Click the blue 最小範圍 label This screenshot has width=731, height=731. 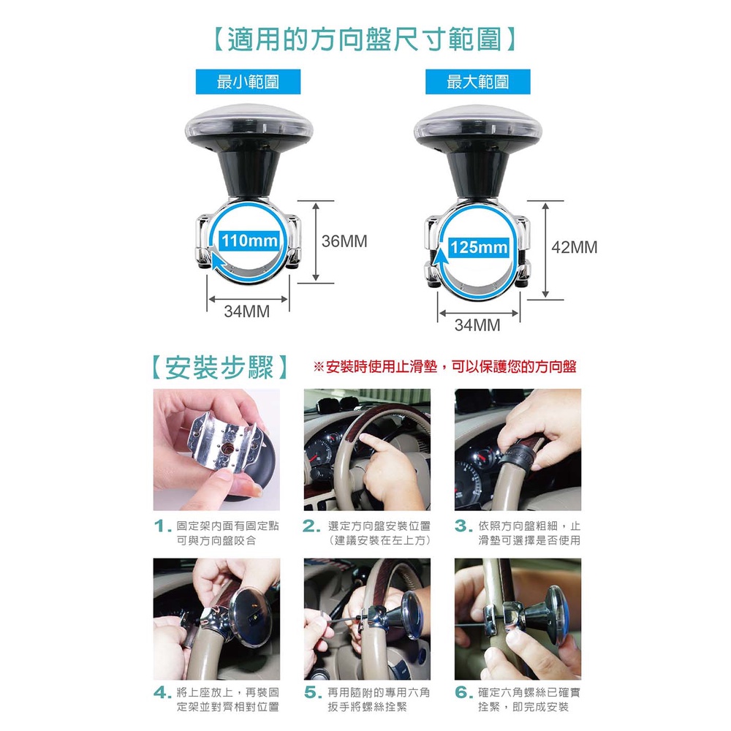pyautogui.click(x=248, y=82)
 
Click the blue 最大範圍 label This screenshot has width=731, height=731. pyautogui.click(x=477, y=82)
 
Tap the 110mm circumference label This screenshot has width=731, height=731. pyautogui.click(x=250, y=240)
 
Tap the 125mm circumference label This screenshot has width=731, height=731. pyautogui.click(x=479, y=246)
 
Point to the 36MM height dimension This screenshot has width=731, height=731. pyautogui.click(x=344, y=241)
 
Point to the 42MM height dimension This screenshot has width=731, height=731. pyautogui.click(x=575, y=247)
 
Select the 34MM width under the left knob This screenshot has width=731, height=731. pyautogui.click(x=246, y=311)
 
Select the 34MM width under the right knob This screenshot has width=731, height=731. pyautogui.click(x=477, y=325)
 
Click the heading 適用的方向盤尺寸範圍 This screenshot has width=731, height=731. pyautogui.click(x=365, y=39)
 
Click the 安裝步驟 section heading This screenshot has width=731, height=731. pyautogui.click(x=219, y=368)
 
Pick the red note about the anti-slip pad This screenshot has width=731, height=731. pyautogui.click(x=444, y=366)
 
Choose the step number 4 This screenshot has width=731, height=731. pyautogui.click(x=162, y=693)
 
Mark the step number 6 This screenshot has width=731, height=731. pyautogui.click(x=463, y=693)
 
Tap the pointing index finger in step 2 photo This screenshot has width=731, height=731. pyautogui.click(x=373, y=443)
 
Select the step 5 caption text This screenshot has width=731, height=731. pyautogui.click(x=378, y=700)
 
